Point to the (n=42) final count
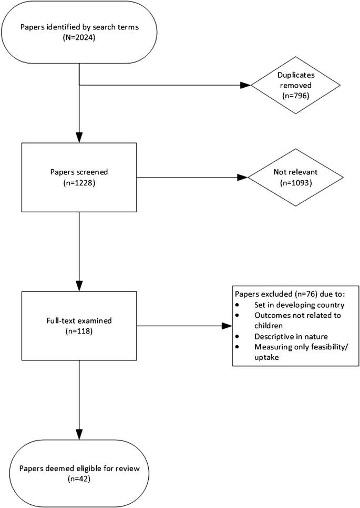click(x=79, y=479)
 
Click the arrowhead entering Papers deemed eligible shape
click(x=79, y=436)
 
